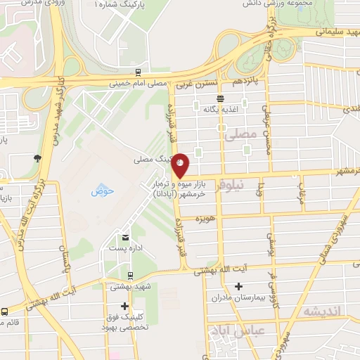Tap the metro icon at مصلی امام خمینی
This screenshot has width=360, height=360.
[139, 72]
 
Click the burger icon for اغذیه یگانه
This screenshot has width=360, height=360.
[221, 98]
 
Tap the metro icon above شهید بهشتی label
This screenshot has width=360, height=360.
[130, 275]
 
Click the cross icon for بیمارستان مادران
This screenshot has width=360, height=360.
[239, 286]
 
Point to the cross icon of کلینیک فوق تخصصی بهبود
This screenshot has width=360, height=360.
[124, 306]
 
